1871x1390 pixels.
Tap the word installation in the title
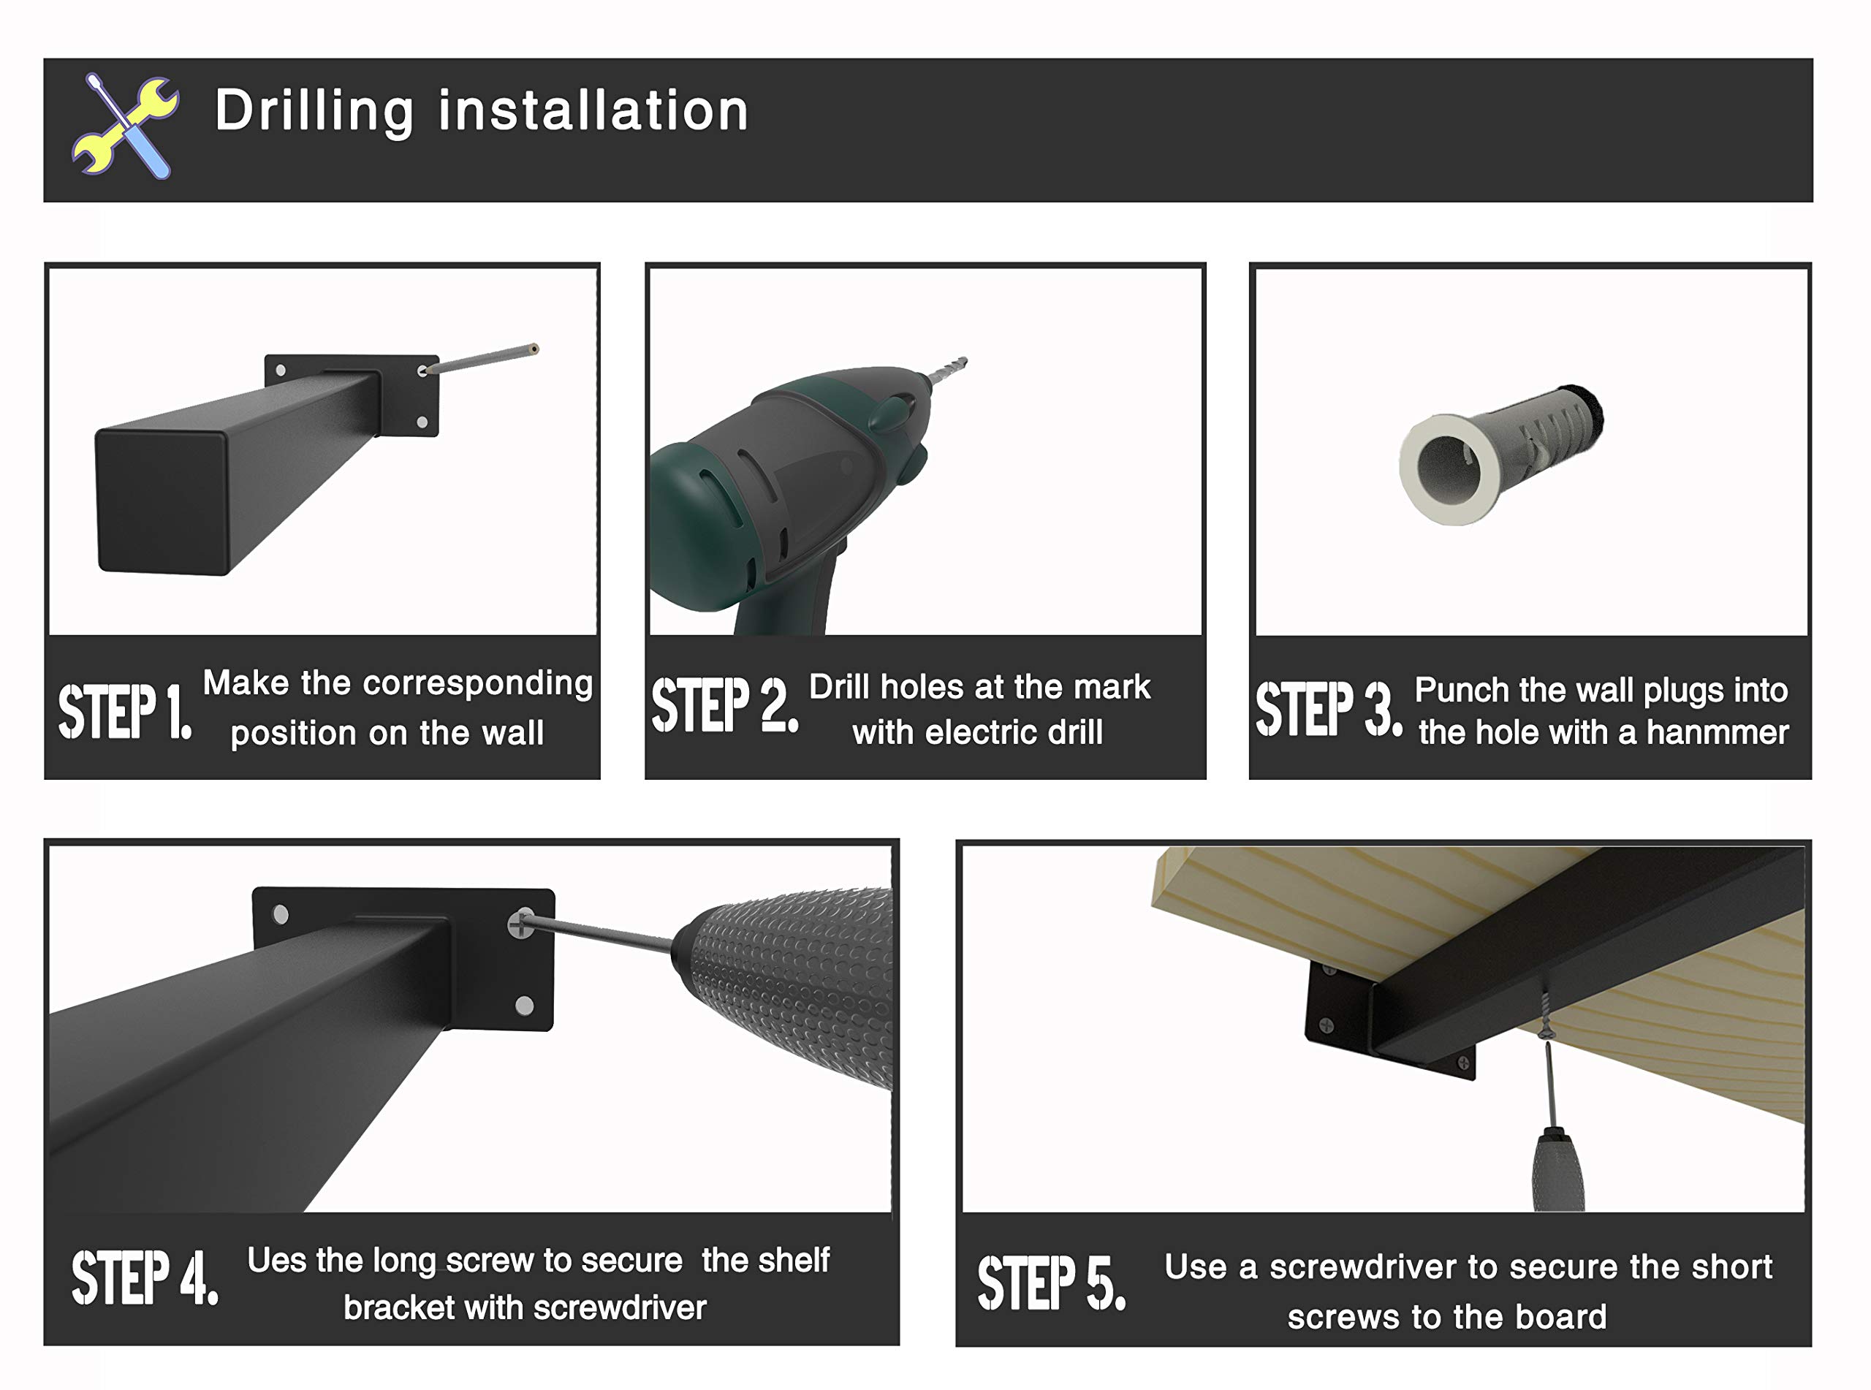click(593, 110)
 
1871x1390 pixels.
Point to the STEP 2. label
click(724, 705)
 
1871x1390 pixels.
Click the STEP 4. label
click(145, 1277)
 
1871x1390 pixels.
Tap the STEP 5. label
click(1051, 1283)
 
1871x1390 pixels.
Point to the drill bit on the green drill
click(947, 372)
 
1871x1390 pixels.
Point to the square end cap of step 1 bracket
click(163, 500)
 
